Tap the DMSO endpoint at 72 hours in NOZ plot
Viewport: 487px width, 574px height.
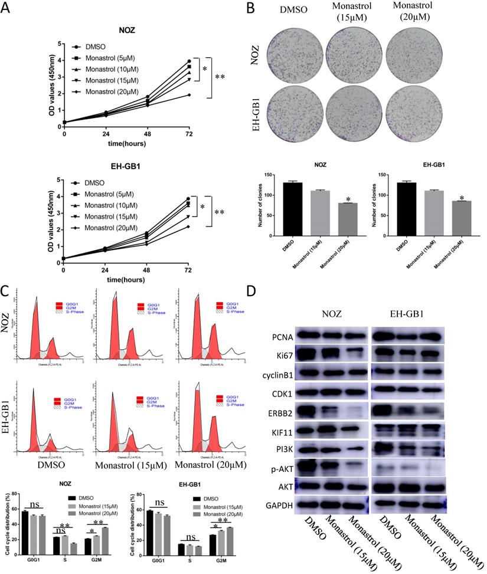coord(189,61)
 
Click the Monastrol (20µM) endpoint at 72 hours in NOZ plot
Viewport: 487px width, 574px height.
coord(189,95)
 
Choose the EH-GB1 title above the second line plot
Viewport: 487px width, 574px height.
coord(124,168)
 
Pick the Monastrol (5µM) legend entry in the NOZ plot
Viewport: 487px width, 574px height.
coord(103,58)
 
